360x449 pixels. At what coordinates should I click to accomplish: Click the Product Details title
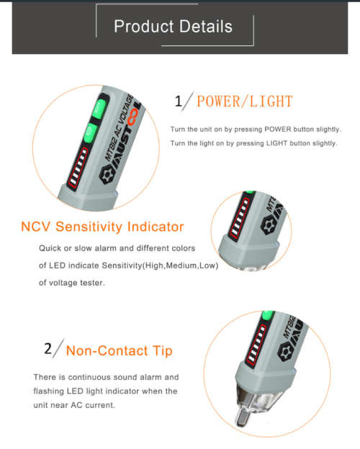click(173, 27)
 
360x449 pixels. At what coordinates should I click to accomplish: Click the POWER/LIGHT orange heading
click(244, 101)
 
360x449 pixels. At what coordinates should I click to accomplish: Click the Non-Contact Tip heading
click(119, 351)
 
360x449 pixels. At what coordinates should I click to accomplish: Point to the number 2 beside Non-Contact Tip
click(48, 349)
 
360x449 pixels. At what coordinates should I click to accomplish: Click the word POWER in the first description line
click(280, 130)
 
